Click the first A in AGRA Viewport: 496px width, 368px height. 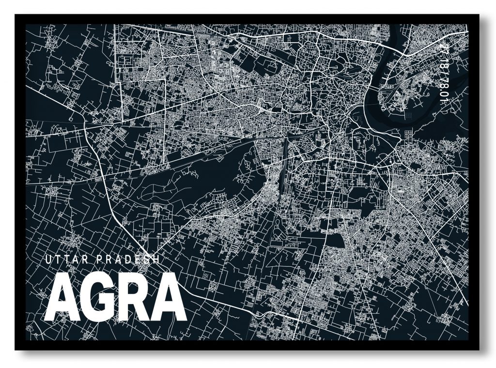(x=62, y=297)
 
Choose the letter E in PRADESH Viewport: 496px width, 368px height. (x=136, y=260)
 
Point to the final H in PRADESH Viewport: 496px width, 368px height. (x=155, y=260)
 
